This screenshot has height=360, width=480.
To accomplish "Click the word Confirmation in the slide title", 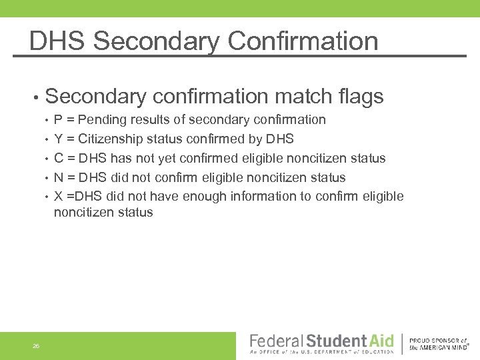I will click(303, 41).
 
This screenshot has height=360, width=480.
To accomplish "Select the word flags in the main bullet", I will click(360, 97).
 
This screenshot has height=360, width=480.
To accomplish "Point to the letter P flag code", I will click(59, 120).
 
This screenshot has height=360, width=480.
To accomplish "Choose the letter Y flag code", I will click(59, 139).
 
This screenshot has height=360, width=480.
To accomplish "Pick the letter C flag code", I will click(59, 159).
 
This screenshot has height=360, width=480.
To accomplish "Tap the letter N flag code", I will click(59, 178).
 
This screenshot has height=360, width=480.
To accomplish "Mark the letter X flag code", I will click(59, 197).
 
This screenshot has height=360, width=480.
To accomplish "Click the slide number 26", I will click(36, 345).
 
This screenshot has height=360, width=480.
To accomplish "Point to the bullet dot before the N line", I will click(46, 179).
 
